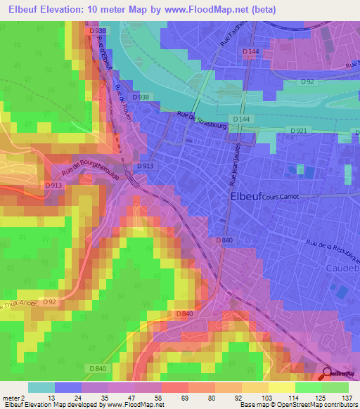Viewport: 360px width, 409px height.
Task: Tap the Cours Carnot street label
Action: coord(280,198)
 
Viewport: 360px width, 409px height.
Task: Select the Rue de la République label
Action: coord(316,248)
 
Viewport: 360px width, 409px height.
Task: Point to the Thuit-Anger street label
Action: coord(15,306)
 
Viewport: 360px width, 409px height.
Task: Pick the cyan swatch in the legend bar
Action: coord(41,387)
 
